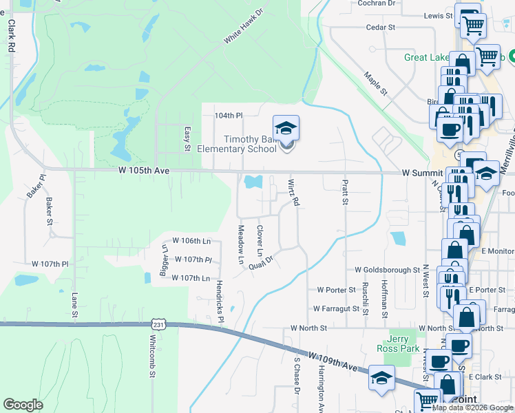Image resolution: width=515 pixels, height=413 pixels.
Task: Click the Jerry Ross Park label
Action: pyautogui.click(x=397, y=344)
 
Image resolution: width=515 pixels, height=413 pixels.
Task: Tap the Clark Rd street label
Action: pyautogui.click(x=11, y=36)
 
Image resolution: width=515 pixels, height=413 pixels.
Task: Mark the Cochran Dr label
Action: pyautogui.click(x=377, y=3)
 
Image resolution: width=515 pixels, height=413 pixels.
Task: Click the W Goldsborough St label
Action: pyautogui.click(x=387, y=271)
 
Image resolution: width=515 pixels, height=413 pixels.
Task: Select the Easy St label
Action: pyautogui.click(x=187, y=138)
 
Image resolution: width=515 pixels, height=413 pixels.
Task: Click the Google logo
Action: pyautogui.click(x=23, y=405)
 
